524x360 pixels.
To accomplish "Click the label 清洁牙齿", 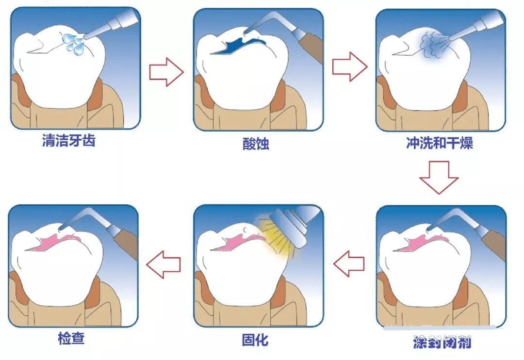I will pos(68,141).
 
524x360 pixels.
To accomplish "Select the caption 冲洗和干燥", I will pos(439,144).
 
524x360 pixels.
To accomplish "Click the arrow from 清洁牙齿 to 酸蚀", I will pos(166,72).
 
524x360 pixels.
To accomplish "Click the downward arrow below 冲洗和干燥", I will pos(439,177).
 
